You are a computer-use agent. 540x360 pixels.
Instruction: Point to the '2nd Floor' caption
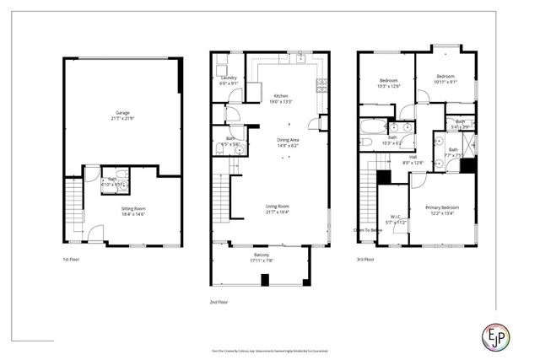pos(219,301)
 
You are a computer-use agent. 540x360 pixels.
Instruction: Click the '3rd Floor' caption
pos(365,259)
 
